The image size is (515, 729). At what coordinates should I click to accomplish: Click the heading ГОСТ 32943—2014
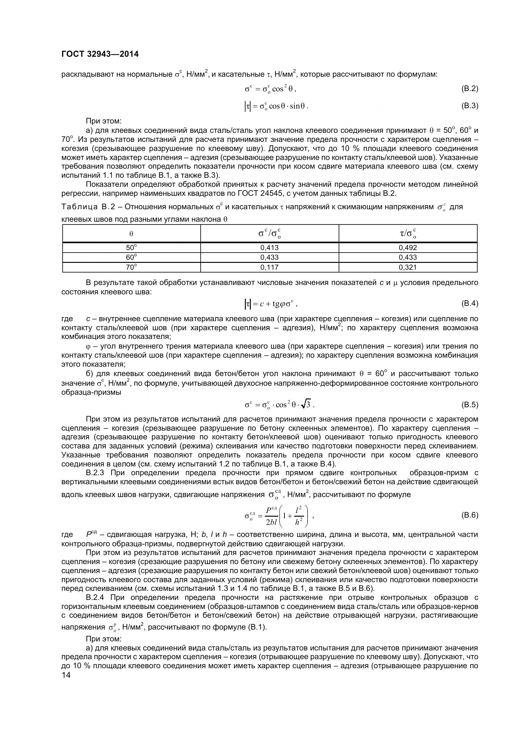100,54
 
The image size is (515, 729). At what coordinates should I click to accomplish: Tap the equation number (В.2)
469,89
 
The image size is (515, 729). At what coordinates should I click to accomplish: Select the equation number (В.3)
469,106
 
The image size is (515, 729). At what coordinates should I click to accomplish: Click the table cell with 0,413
269,248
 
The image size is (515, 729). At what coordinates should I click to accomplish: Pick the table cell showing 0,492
408,248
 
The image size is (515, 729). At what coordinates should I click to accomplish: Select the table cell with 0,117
269,267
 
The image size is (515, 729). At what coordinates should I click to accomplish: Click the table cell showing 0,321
408,267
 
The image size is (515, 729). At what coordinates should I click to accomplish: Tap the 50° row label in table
131,248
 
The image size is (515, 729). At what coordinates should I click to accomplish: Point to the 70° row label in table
131,267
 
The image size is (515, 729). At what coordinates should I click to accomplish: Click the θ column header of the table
131,234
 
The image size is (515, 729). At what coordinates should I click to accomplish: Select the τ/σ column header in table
408,234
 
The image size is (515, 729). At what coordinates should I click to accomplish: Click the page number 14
66,675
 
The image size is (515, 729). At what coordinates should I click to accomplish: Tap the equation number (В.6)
469,515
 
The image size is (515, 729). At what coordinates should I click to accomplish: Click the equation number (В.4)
469,303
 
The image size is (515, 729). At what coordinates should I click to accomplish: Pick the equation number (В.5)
469,404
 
